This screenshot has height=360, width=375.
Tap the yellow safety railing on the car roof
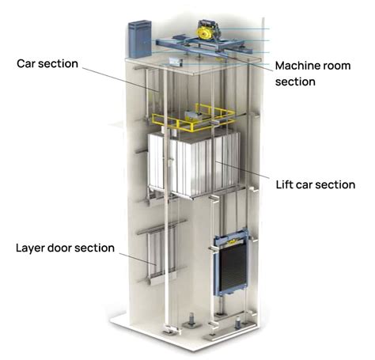198,119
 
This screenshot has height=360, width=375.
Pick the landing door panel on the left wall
157,257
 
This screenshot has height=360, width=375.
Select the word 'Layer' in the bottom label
31,248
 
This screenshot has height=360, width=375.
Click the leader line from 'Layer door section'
134,256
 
